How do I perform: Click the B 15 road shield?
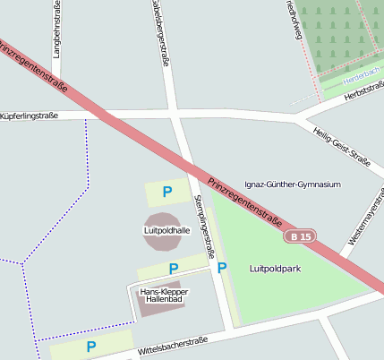click(x=301, y=236)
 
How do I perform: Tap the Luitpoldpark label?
click(x=275, y=269)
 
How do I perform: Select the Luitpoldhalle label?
click(x=166, y=230)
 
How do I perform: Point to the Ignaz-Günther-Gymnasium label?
click(x=293, y=184)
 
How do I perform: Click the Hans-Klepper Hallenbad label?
click(x=161, y=296)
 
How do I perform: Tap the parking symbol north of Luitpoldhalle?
click(x=166, y=191)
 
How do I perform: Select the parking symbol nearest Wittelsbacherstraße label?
click(x=90, y=346)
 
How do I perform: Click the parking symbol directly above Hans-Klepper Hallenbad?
click(x=174, y=269)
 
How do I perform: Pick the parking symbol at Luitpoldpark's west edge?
click(x=222, y=268)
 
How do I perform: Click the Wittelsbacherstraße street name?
click(x=174, y=346)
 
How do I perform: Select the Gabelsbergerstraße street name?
click(x=159, y=31)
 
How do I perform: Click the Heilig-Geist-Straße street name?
click(x=342, y=145)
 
